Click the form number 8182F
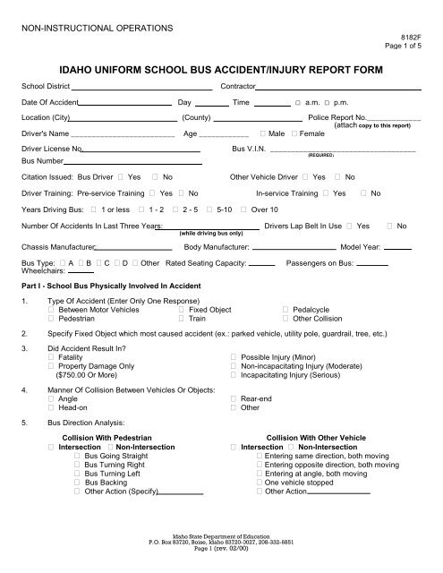pyautogui.click(x=410, y=40)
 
